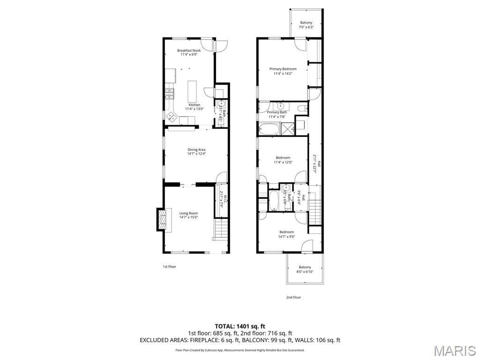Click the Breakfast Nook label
188,51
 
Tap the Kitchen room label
194,105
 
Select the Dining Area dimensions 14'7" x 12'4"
196,154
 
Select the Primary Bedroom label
283,69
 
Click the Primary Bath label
277,112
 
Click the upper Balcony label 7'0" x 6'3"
306,22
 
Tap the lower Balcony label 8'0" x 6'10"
305,267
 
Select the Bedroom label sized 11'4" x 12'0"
283,158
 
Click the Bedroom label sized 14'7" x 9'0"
286,232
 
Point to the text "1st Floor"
169,267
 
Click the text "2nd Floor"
293,297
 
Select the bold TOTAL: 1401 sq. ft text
240,326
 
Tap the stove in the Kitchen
169,93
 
